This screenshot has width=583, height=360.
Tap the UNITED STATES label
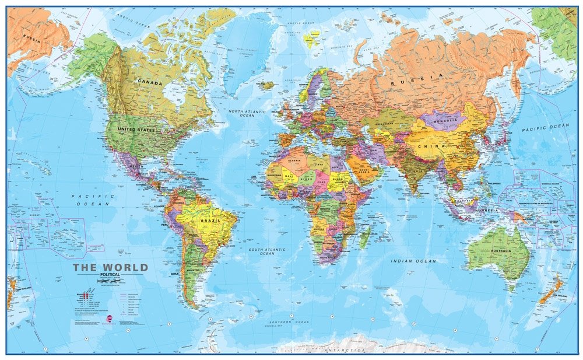coord(136,130)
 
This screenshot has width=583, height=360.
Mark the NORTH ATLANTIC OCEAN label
coord(247,113)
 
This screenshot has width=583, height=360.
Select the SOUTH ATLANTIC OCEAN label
coord(267,251)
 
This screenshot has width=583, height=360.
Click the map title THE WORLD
coord(110,268)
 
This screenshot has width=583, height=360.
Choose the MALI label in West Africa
coord(287,173)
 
